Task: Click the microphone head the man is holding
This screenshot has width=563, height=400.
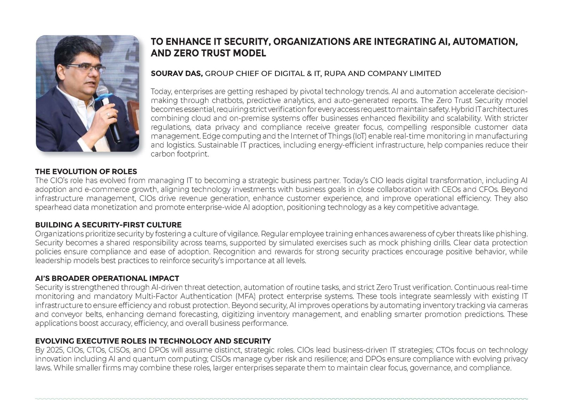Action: (103, 92)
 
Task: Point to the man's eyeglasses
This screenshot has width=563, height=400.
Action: (86, 68)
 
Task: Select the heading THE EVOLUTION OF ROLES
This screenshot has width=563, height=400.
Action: (86, 172)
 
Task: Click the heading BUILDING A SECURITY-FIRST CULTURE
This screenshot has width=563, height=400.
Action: (108, 225)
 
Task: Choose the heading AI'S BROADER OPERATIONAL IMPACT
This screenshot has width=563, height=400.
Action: (107, 278)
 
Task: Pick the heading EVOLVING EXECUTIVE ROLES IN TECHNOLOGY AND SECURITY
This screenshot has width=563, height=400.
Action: (153, 341)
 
